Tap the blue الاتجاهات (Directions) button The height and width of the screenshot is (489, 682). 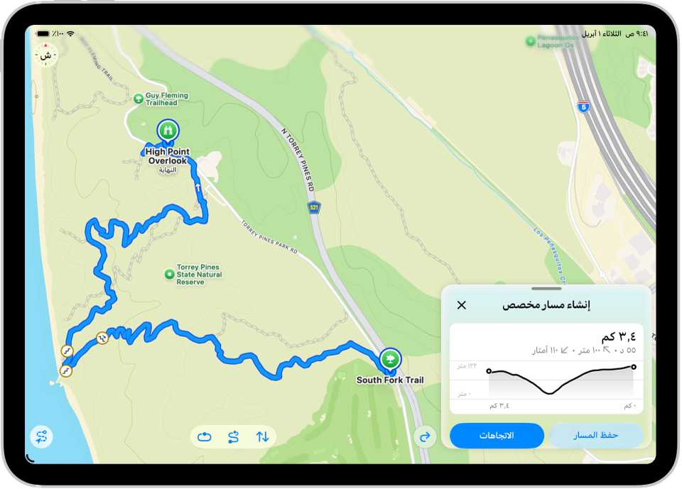click(497, 436)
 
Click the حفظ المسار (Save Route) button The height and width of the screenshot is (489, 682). click(595, 435)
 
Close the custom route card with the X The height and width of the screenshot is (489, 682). click(462, 305)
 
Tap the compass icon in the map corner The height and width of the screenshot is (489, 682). click(46, 55)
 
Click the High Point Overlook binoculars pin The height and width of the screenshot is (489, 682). click(168, 131)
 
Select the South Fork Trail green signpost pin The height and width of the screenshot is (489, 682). click(389, 359)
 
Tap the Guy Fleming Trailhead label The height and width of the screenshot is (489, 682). click(166, 99)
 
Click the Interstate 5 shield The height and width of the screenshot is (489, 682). click(583, 106)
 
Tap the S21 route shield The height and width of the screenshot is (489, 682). click(314, 207)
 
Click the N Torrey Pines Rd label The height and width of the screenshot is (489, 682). click(298, 160)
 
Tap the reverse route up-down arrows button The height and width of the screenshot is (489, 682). click(262, 437)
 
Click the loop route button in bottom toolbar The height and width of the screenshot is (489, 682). click(205, 437)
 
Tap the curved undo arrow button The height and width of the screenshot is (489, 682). click(426, 437)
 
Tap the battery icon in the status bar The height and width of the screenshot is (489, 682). click(43, 33)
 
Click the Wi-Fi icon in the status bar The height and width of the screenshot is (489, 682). click(70, 33)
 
